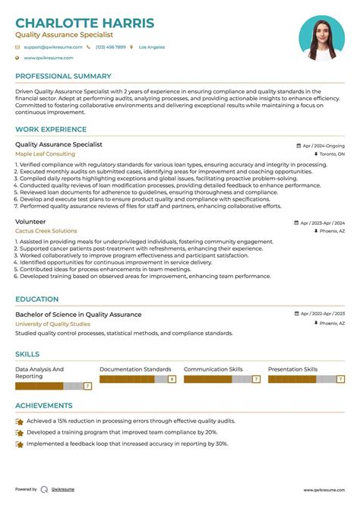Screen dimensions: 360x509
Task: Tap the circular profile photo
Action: point(321,38)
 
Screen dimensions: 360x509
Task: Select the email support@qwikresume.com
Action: point(49,47)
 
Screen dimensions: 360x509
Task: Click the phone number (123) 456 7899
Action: point(110,47)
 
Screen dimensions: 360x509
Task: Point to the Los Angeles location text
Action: point(151,47)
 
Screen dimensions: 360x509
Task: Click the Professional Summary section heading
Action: point(63,76)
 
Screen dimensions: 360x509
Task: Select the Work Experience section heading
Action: point(51,129)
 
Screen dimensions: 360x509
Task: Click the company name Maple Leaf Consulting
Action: point(46,153)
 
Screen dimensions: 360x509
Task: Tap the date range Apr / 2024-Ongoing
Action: point(323,145)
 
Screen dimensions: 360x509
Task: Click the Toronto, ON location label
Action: point(331,154)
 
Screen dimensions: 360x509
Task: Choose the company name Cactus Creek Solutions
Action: point(46,231)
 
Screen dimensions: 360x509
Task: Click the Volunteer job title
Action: point(30,222)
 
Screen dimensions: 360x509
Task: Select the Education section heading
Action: point(36,299)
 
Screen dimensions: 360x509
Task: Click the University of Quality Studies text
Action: point(52,324)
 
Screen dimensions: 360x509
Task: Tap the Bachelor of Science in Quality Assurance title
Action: point(78,315)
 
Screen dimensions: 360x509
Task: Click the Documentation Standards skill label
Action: point(135,369)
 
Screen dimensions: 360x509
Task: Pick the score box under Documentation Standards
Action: point(172,378)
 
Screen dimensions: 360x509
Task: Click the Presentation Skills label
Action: point(292,369)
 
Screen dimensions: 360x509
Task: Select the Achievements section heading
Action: point(44,406)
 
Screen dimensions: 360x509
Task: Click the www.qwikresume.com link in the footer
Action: point(324,490)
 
